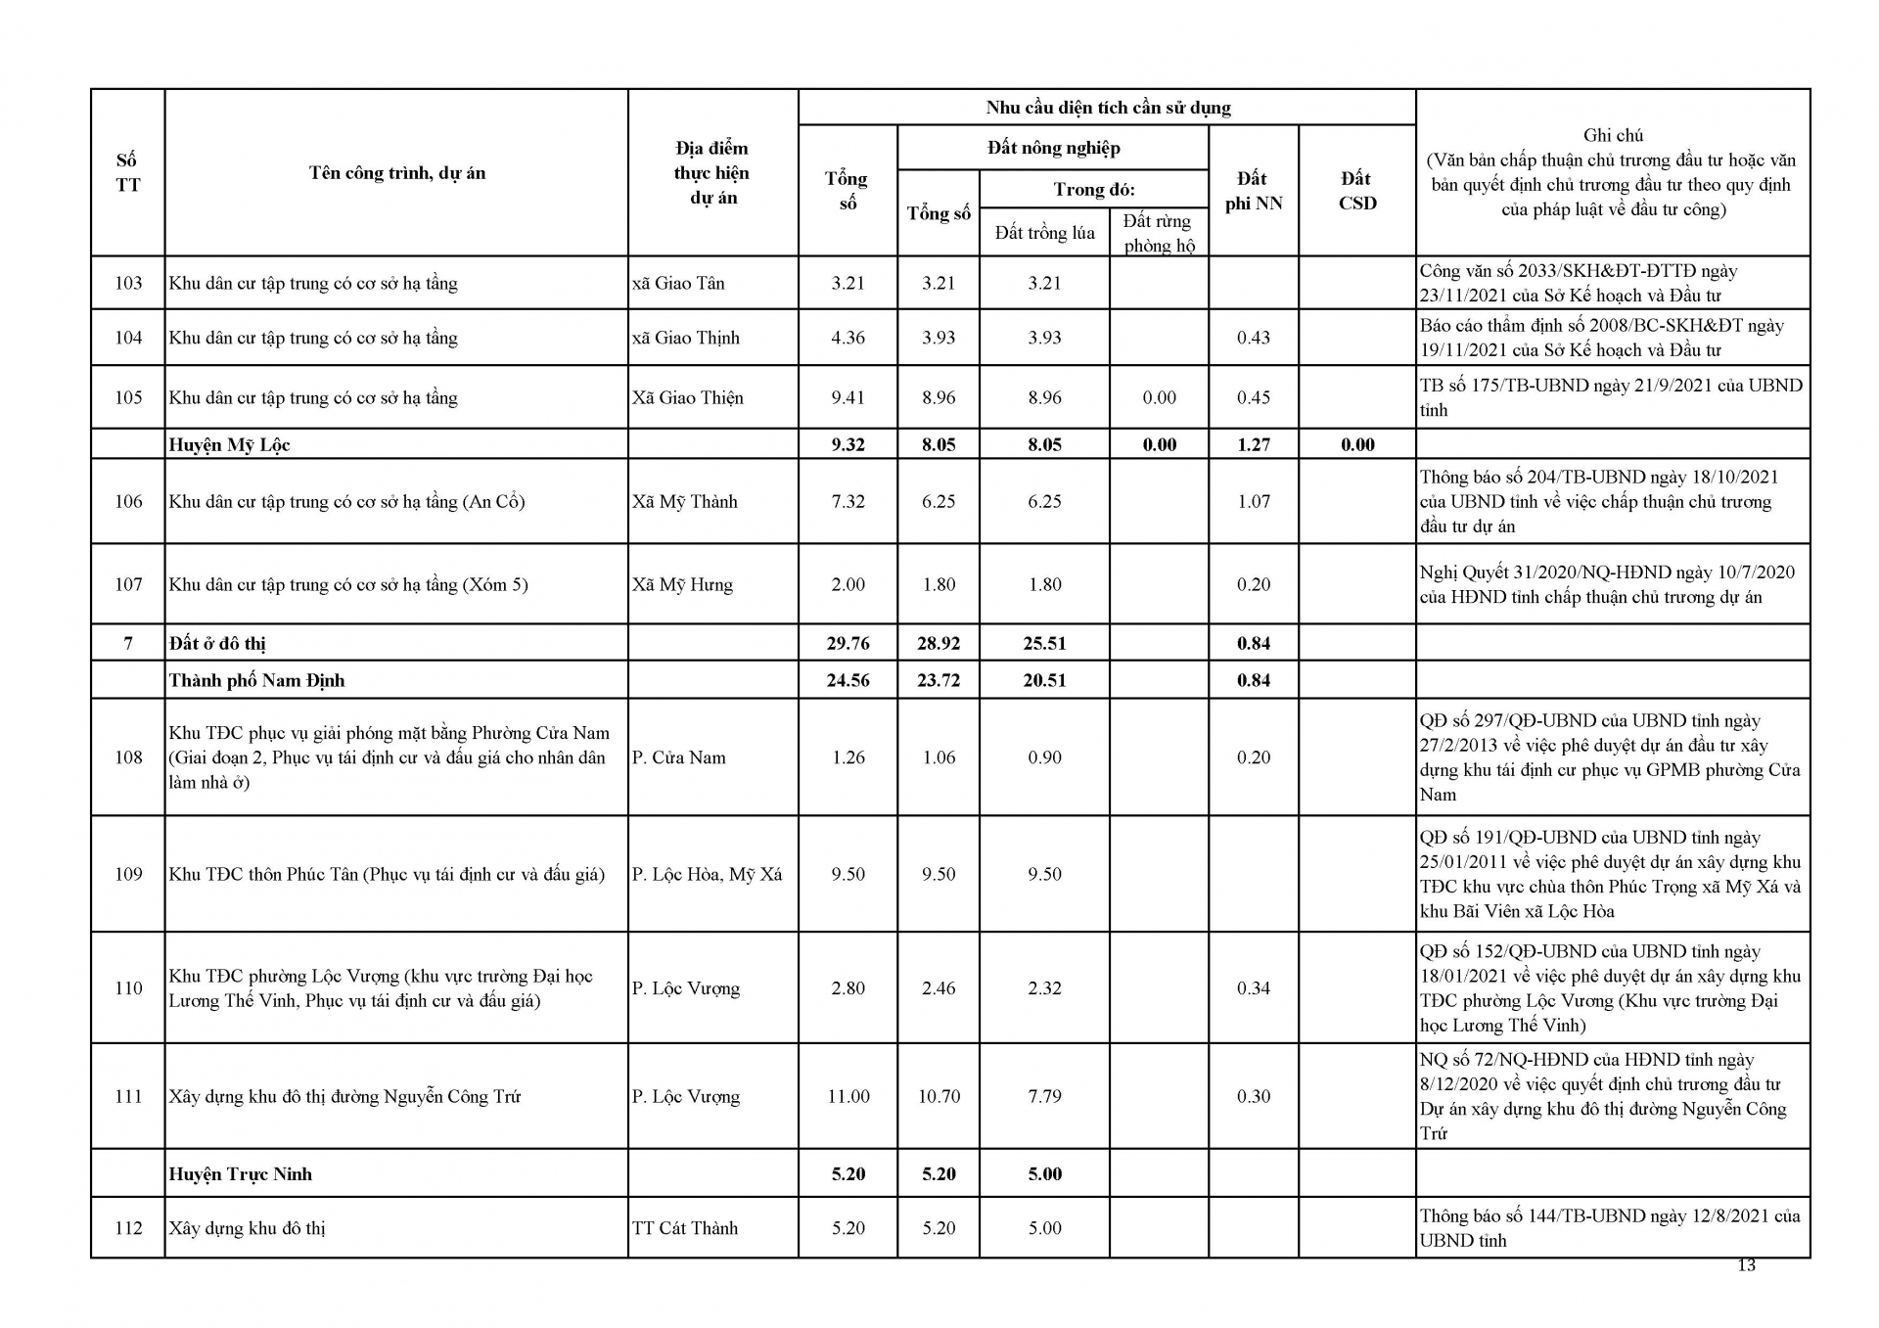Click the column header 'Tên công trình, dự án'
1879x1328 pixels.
click(396, 173)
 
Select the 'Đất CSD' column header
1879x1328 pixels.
click(1356, 191)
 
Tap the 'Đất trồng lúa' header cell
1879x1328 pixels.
click(1044, 233)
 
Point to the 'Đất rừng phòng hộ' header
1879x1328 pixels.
click(1159, 233)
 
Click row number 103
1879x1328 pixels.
click(128, 283)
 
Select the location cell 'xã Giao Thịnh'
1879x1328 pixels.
click(685, 338)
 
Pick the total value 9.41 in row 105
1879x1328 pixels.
click(848, 397)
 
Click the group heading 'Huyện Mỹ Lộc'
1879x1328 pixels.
click(229, 444)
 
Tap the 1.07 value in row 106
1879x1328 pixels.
click(1253, 501)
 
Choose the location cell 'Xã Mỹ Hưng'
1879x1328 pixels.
click(682, 584)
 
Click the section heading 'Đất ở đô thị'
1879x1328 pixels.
click(217, 643)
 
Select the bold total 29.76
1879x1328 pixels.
click(848, 643)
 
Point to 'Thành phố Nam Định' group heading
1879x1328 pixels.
click(256, 680)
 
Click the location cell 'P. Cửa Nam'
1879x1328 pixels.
click(678, 757)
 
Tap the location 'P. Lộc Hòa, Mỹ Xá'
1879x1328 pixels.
click(707, 874)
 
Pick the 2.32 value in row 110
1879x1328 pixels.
click(1044, 988)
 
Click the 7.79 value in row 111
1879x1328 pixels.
click(1044, 1096)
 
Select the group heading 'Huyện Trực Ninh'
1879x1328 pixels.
click(240, 1173)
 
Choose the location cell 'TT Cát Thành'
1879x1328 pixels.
click(684, 1228)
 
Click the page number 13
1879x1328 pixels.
click(1746, 1265)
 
